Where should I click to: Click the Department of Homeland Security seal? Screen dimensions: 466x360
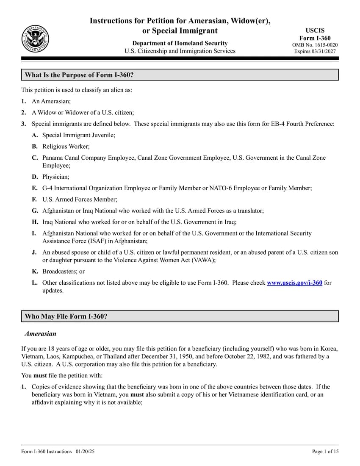pyautogui.click(x=35, y=39)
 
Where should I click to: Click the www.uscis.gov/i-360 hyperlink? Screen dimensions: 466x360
pyautogui.click(x=294, y=283)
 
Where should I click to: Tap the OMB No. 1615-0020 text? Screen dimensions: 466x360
pyautogui.click(x=315, y=45)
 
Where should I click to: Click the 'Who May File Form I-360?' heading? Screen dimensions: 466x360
pyautogui.click(x=66, y=316)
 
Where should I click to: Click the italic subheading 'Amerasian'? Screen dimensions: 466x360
pyautogui.click(x=40, y=334)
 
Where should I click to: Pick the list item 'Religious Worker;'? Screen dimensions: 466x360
pyautogui.click(x=66, y=146)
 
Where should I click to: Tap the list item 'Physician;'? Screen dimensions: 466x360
pyautogui.click(x=55, y=177)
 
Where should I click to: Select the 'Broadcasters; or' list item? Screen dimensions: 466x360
pyautogui.click(x=63, y=272)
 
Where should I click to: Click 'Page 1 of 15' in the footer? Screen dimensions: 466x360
pyautogui.click(x=325, y=452)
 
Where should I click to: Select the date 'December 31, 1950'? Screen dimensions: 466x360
pyautogui.click(x=178, y=357)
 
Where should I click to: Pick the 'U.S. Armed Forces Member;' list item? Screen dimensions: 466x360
pyautogui.click(x=80, y=199)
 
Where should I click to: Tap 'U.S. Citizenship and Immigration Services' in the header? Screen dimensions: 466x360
pyautogui.click(x=180, y=51)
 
